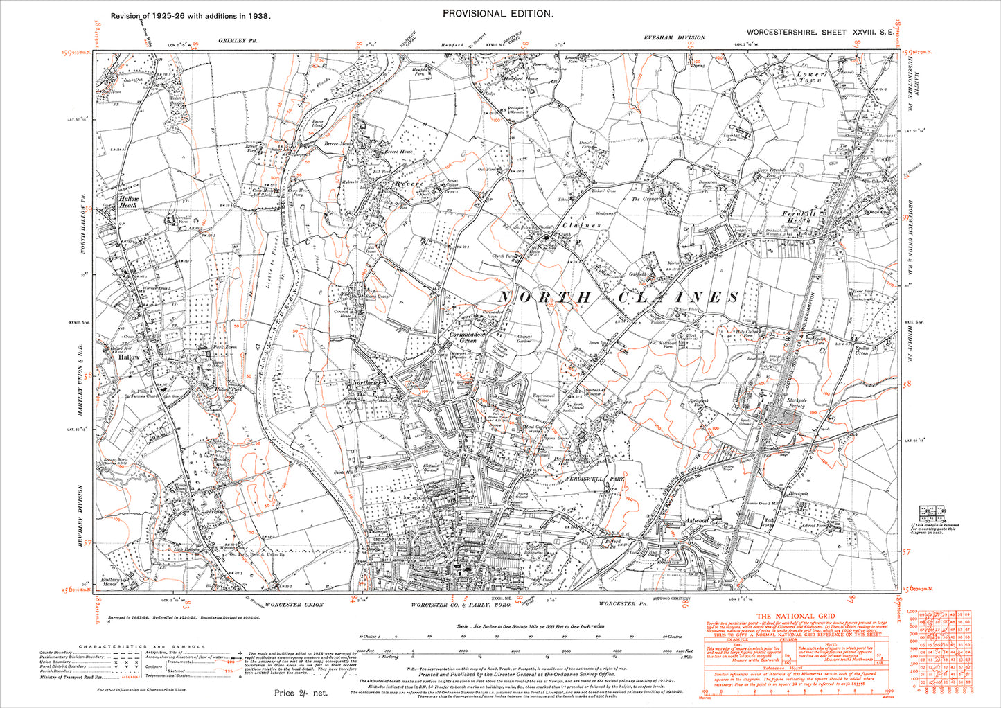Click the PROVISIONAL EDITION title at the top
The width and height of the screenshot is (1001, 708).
click(x=497, y=14)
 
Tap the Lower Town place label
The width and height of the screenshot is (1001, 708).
click(x=809, y=76)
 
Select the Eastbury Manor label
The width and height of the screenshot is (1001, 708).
click(x=110, y=581)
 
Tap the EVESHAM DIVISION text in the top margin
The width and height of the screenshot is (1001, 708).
click(x=673, y=38)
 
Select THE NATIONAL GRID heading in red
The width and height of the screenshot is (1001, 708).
click(x=795, y=616)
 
